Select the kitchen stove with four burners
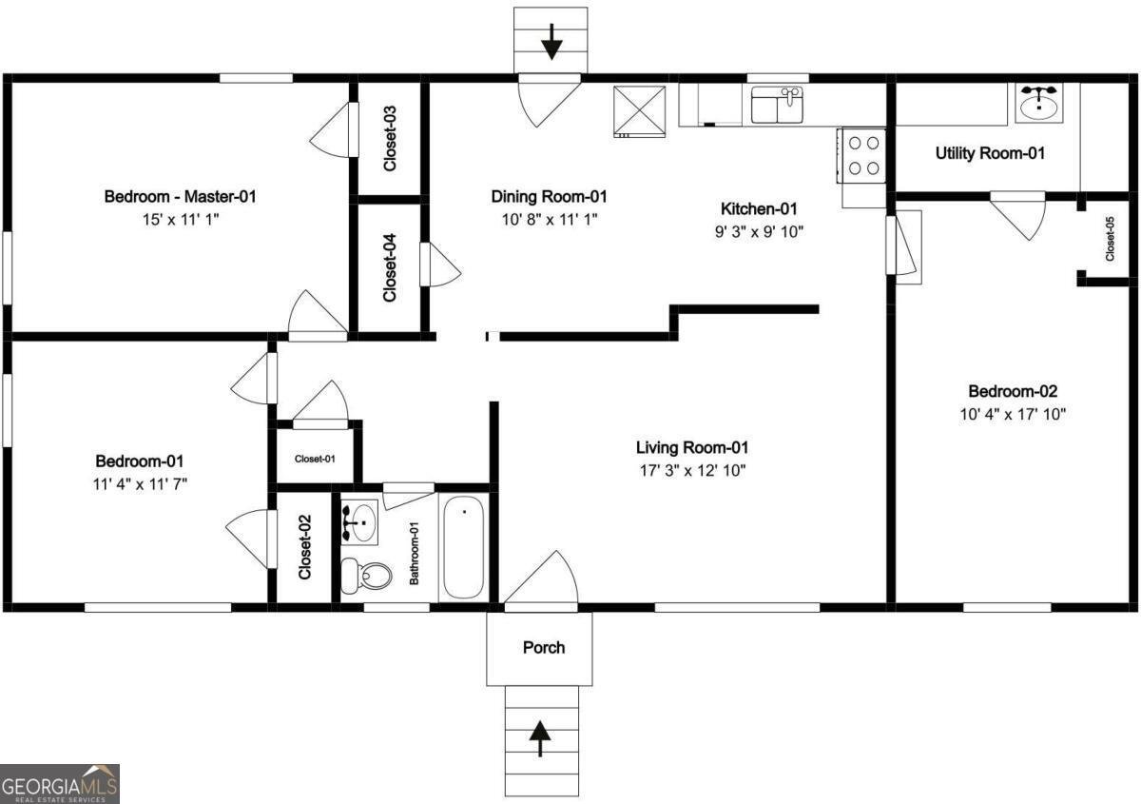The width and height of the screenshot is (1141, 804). pyautogui.click(x=862, y=155)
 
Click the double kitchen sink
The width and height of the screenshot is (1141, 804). pyautogui.click(x=777, y=105)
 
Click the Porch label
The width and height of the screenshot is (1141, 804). pyautogui.click(x=544, y=648)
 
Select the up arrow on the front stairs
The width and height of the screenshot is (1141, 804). pyautogui.click(x=540, y=738)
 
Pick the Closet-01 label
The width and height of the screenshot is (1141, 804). pyautogui.click(x=315, y=459)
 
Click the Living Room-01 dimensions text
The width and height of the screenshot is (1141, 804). pyautogui.click(x=691, y=470)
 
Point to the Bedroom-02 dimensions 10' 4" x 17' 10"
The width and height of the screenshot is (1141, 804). pyautogui.click(x=1013, y=414)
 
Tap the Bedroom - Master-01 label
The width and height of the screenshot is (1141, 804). pyautogui.click(x=180, y=197)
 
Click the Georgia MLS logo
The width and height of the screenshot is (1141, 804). pyautogui.click(x=60, y=783)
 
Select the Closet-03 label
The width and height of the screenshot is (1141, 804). pyautogui.click(x=389, y=138)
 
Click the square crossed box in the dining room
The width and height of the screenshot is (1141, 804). pyautogui.click(x=639, y=109)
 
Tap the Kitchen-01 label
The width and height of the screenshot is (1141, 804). pyautogui.click(x=759, y=208)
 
